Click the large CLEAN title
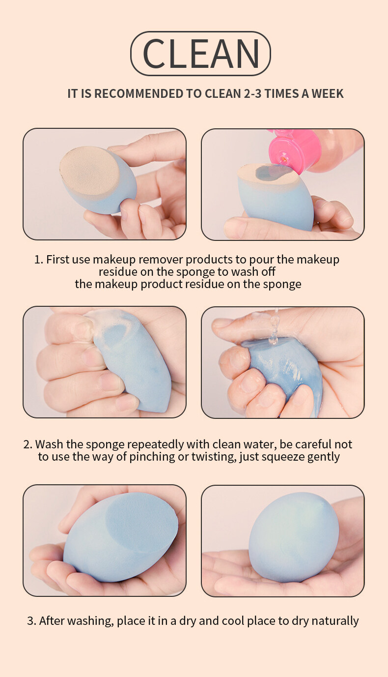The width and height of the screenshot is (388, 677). tap(201, 54)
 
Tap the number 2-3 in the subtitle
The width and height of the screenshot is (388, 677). tap(252, 94)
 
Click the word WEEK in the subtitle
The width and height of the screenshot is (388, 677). tap(328, 94)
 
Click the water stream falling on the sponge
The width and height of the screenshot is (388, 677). tap(274, 327)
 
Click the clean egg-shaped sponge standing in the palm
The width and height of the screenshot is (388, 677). tap(293, 537)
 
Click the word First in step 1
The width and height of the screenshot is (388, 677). tap(57, 259)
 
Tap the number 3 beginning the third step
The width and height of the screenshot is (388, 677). tap(30, 621)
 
